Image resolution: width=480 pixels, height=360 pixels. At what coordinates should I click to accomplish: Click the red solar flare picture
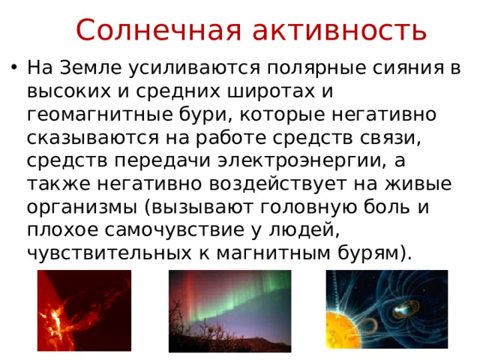84,310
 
